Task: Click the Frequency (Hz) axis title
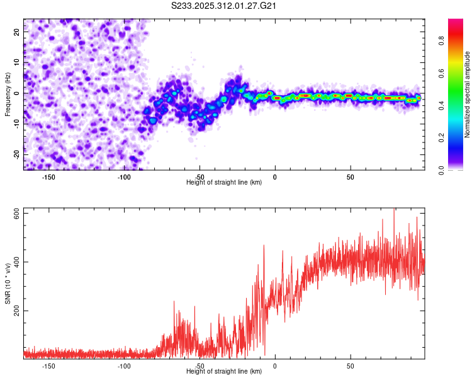click(x=8, y=94)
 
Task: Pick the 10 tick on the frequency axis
click(x=17, y=63)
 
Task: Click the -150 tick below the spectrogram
click(x=48, y=176)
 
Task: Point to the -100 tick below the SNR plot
click(x=124, y=365)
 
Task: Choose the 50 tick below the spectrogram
click(x=350, y=176)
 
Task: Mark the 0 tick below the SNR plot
click(x=275, y=365)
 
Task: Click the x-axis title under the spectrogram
click(x=224, y=182)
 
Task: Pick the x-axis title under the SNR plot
click(x=224, y=371)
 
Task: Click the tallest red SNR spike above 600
click(x=395, y=210)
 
